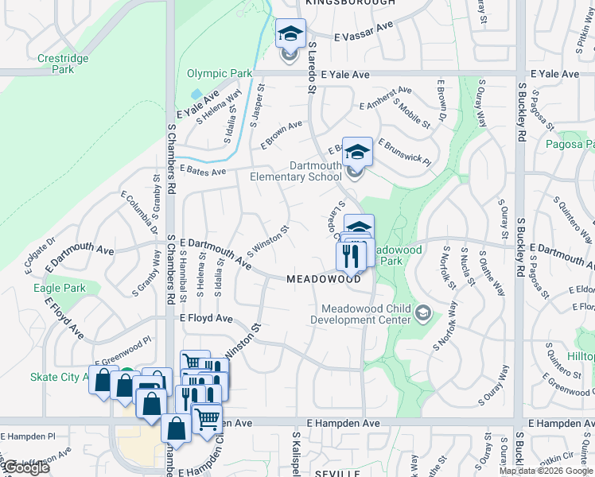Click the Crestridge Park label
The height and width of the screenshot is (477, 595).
pyautogui.click(x=55, y=64)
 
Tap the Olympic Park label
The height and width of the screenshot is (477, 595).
pyautogui.click(x=219, y=74)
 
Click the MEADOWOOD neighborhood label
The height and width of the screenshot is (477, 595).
pyautogui.click(x=324, y=280)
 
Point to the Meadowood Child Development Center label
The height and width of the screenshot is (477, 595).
pyautogui.click(x=365, y=314)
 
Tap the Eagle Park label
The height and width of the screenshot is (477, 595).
pyautogui.click(x=59, y=289)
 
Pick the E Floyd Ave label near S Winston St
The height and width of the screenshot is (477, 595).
pyautogui.click(x=206, y=319)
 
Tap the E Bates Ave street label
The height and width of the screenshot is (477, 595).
pyautogui.click(x=203, y=170)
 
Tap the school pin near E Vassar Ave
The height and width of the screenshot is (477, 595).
pyautogui.click(x=290, y=34)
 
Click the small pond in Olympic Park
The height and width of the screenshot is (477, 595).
pyautogui.click(x=195, y=94)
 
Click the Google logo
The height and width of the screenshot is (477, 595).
pyautogui.click(x=25, y=467)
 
